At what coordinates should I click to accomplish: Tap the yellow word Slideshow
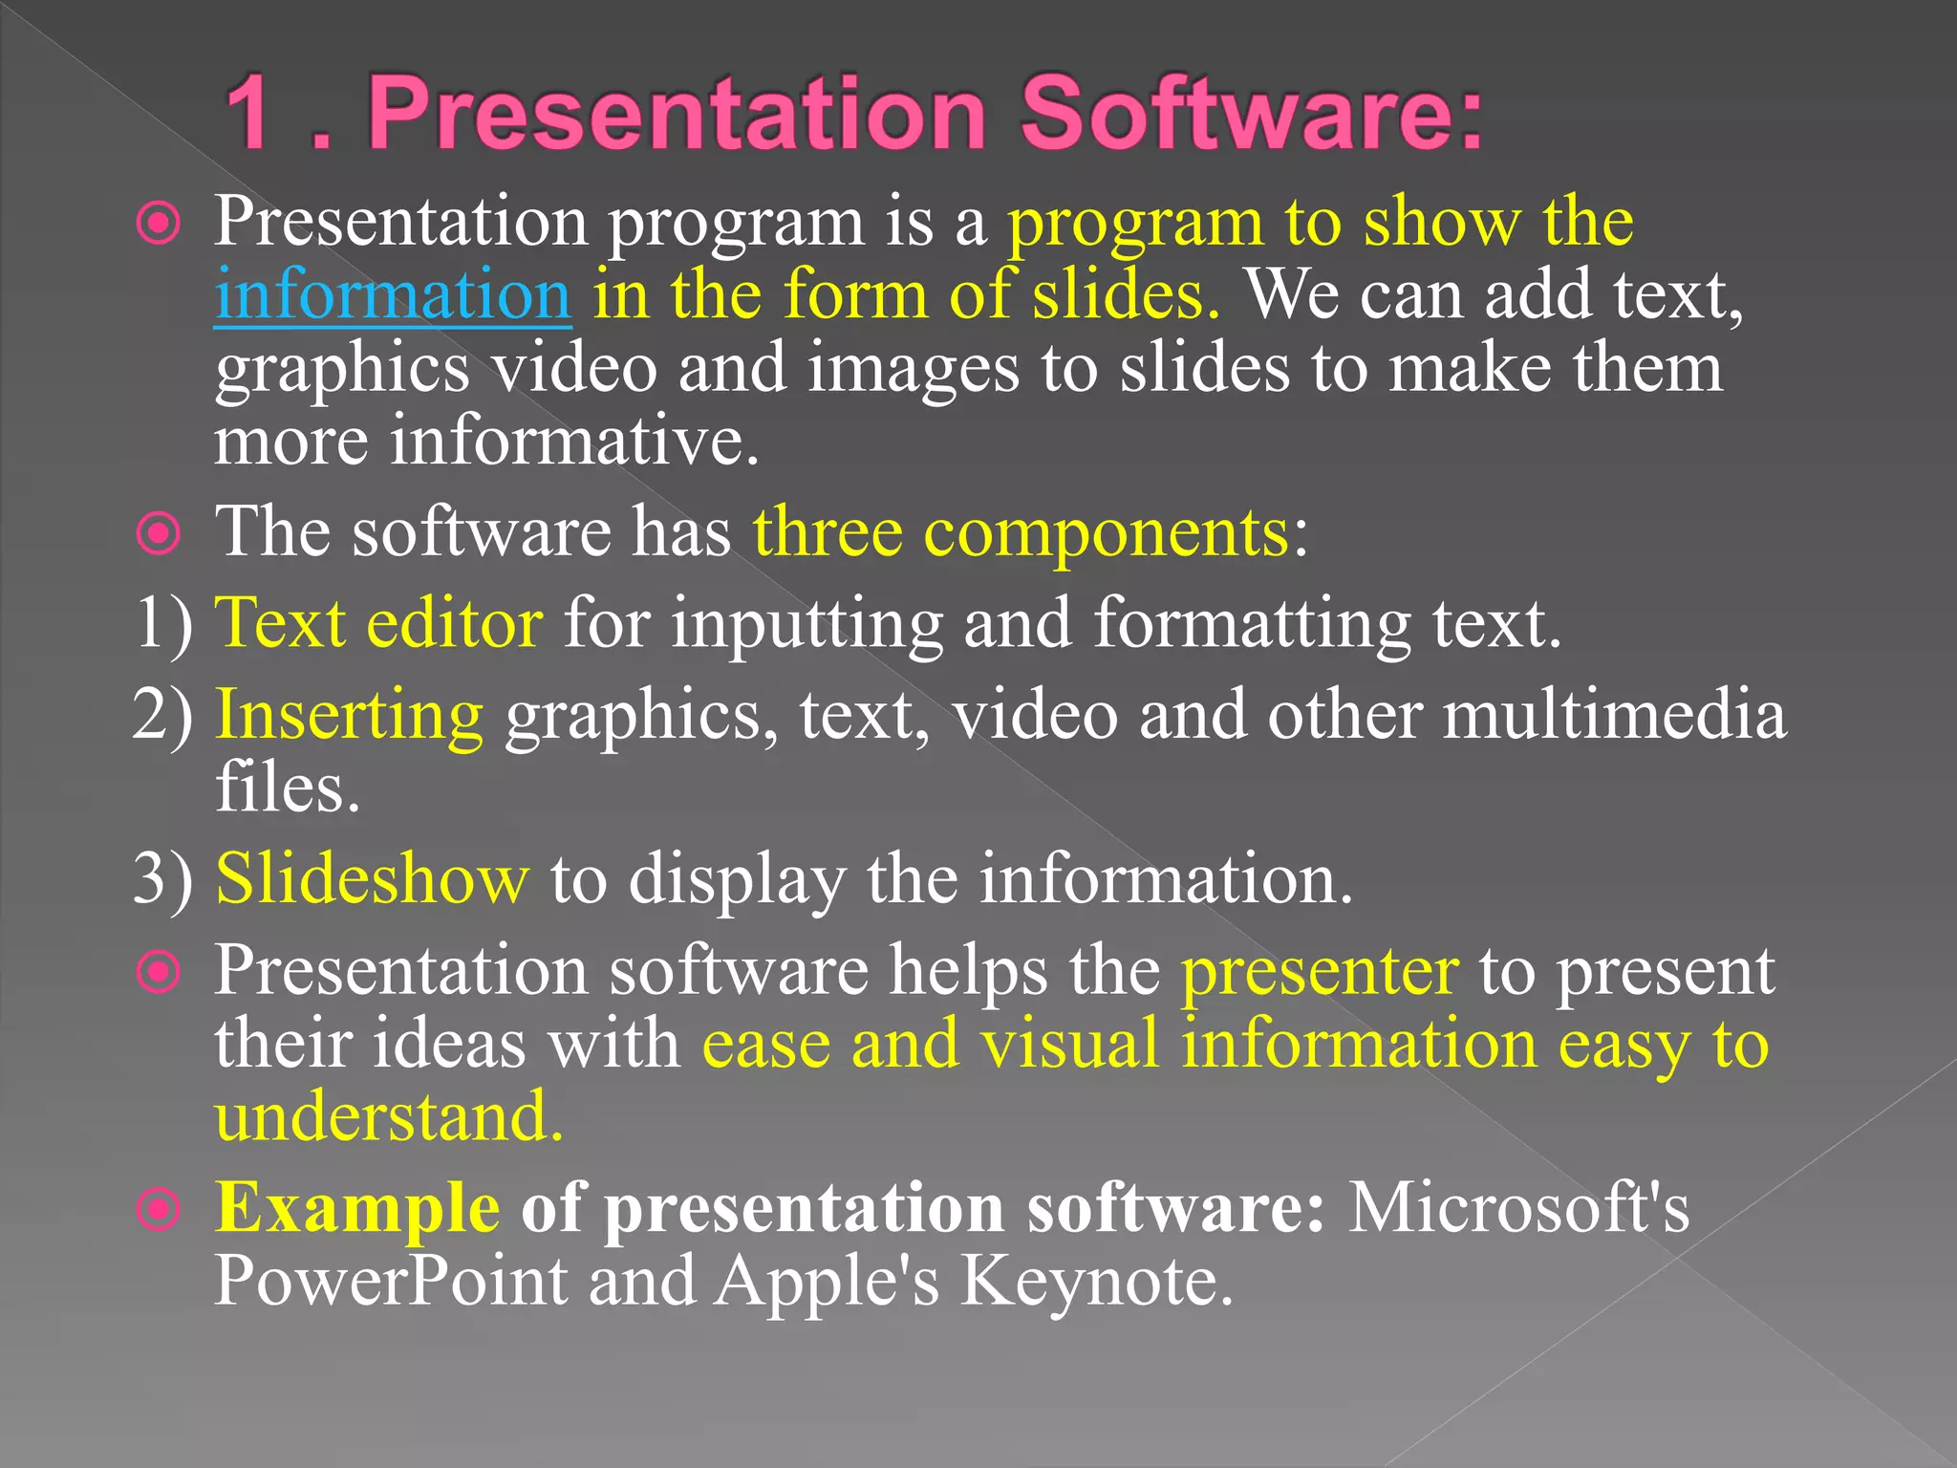pyautogui.click(x=372, y=878)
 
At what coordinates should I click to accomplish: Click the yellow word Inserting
pyautogui.click(x=350, y=715)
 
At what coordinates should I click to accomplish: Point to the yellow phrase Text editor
pyautogui.click(x=379, y=624)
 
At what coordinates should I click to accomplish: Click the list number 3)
pyautogui.click(x=162, y=878)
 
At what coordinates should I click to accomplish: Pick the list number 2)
pyautogui.click(x=162, y=715)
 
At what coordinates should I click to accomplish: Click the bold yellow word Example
pyautogui.click(x=357, y=1209)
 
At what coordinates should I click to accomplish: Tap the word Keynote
pyautogui.click(x=1097, y=1281)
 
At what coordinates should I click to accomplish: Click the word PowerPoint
pyautogui.click(x=391, y=1281)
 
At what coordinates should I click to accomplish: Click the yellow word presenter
pyautogui.click(x=1320, y=972)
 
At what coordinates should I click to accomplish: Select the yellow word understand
pyautogui.click(x=389, y=1116)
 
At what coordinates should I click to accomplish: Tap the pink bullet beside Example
pyautogui.click(x=159, y=1210)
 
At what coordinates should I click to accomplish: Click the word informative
pyautogui.click(x=574, y=442)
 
